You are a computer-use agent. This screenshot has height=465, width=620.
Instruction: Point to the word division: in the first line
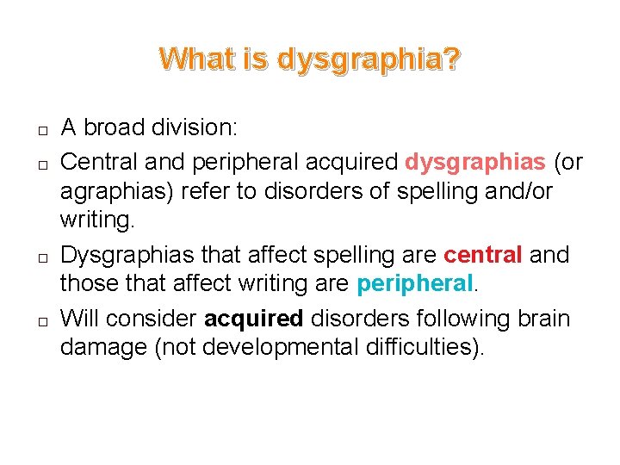tap(201, 127)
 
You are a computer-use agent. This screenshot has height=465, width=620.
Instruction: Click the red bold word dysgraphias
tap(475, 160)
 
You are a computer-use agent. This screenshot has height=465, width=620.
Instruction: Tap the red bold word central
tap(483, 255)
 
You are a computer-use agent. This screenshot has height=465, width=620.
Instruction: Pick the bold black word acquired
tap(253, 318)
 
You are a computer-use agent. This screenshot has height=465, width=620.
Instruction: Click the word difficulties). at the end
tap(425, 349)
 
